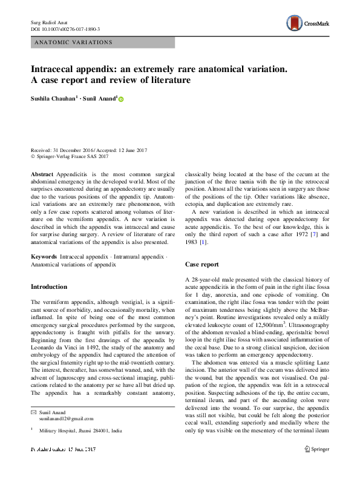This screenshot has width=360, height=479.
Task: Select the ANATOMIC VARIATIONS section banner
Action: [103, 42]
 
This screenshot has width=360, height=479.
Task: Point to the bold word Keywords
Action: [45, 257]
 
